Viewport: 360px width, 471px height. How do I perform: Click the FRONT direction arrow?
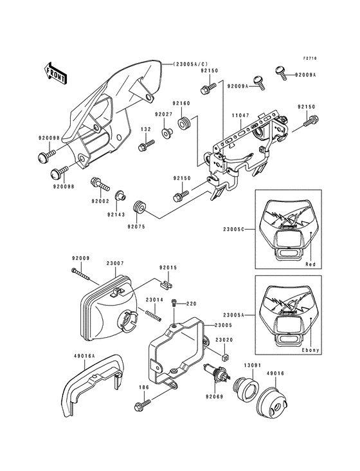click(x=55, y=73)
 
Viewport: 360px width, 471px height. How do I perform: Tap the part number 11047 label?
click(x=239, y=115)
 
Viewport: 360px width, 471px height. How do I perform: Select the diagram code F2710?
click(x=310, y=59)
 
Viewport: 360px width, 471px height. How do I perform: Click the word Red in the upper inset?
click(x=310, y=264)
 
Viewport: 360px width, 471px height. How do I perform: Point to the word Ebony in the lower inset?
click(x=310, y=350)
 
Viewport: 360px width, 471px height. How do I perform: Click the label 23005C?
click(x=233, y=229)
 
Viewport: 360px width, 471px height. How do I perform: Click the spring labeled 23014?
click(x=154, y=315)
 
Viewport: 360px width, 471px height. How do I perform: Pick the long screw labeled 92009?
click(x=81, y=273)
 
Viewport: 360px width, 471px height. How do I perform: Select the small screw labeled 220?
click(x=174, y=303)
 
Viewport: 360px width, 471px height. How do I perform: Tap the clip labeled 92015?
click(x=167, y=284)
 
